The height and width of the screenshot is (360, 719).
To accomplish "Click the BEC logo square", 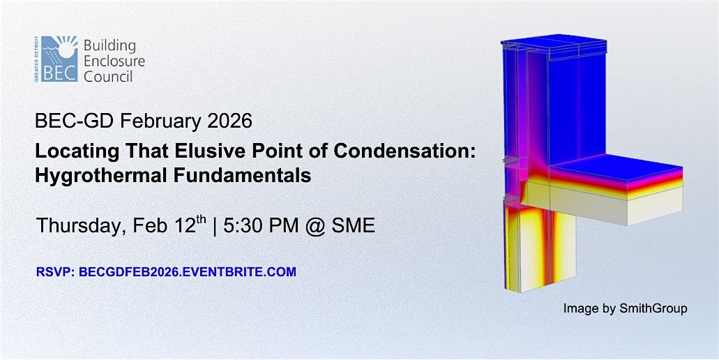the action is [x=59, y=59].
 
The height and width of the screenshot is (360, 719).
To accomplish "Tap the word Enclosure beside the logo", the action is [x=114, y=61].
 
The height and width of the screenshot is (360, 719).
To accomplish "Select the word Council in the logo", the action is [x=108, y=75].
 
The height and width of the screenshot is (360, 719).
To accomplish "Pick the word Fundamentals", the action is [x=239, y=175].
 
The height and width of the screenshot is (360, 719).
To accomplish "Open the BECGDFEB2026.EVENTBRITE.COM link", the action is [x=188, y=272].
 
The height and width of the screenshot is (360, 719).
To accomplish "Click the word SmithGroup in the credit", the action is [x=653, y=308].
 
